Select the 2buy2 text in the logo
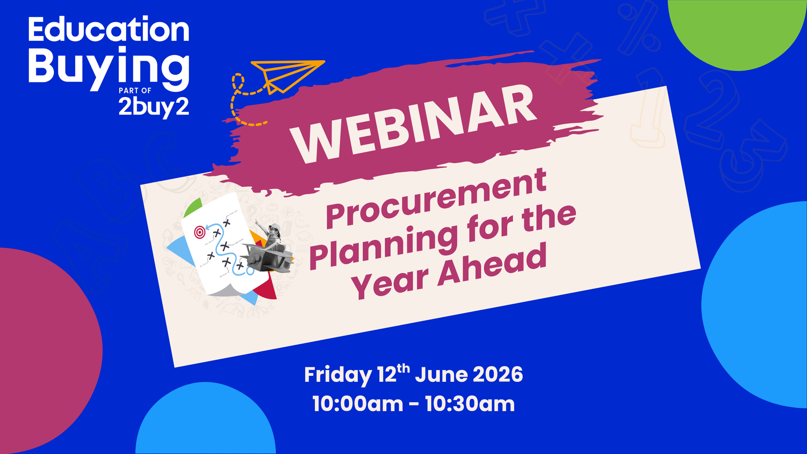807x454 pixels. pyautogui.click(x=153, y=107)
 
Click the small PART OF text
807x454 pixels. pyautogui.click(x=135, y=90)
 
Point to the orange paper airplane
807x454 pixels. pyautogui.click(x=286, y=75)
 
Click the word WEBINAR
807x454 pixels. pyautogui.click(x=414, y=124)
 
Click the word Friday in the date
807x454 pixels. pyautogui.click(x=338, y=375)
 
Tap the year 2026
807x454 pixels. pyautogui.click(x=498, y=374)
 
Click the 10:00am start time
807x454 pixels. pyautogui.click(x=358, y=404)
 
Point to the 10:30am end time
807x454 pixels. pyautogui.click(x=469, y=404)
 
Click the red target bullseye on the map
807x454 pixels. pyautogui.click(x=200, y=232)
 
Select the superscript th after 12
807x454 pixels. pyautogui.click(x=403, y=368)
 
